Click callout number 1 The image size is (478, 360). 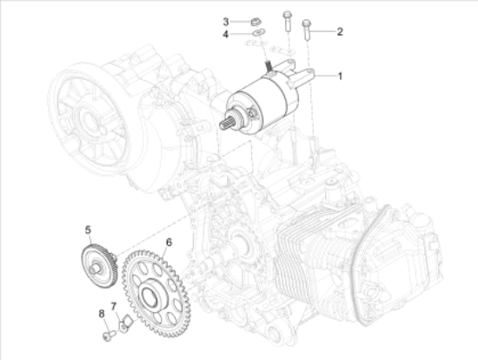pyautogui.click(x=341, y=77)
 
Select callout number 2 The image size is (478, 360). pyautogui.click(x=340, y=32)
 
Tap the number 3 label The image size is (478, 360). pyautogui.click(x=224, y=21)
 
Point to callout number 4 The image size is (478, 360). pyautogui.click(x=224, y=35)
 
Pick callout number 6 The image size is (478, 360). pyautogui.click(x=169, y=242)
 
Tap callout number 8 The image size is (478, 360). pyautogui.click(x=101, y=313)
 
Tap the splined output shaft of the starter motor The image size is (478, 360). pyautogui.click(x=226, y=123)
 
